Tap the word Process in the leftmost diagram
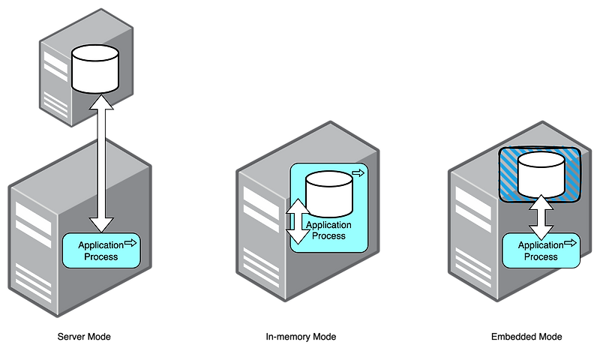tap(101, 256)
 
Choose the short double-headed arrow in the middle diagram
tap(298, 221)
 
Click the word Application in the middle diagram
tap(329, 225)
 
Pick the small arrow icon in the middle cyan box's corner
tap(358, 173)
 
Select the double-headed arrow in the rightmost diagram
tap(541, 217)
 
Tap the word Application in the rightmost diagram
tap(541, 245)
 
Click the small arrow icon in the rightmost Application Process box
tap(571, 242)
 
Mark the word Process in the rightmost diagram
tap(541, 256)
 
